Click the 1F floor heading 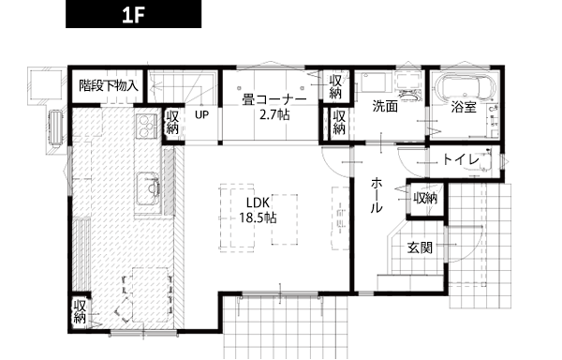133,15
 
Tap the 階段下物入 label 109,85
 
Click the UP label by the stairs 201,114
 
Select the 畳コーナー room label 274,99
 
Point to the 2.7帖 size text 274,115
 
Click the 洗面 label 385,106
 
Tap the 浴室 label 464,107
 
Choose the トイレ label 461,159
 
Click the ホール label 377,195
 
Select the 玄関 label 420,247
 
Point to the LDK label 258,202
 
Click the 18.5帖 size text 258,217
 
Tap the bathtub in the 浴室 465,88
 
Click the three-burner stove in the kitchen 146,126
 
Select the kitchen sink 148,188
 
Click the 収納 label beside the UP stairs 172,122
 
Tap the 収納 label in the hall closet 425,198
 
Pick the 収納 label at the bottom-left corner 80,311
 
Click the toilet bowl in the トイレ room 485,161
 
